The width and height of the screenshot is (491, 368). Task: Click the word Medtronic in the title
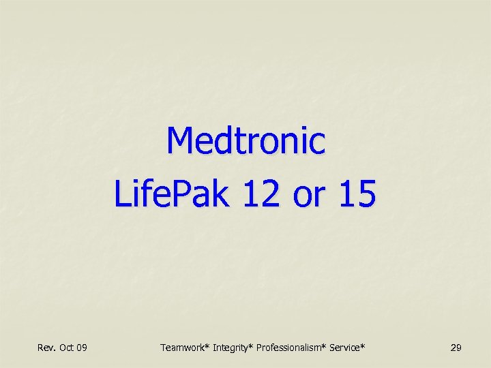(245, 141)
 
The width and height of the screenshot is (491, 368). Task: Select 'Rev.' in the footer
(46, 348)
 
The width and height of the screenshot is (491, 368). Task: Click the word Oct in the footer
(67, 348)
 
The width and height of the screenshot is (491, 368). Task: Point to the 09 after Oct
(82, 348)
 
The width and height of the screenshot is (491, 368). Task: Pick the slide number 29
(456, 348)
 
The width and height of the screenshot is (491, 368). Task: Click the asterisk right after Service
(363, 346)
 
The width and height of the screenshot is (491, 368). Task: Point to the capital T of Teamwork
(163, 348)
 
